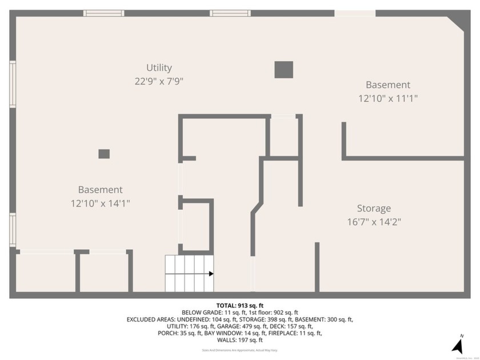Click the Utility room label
[159, 68]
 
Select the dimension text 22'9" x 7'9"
[159, 82]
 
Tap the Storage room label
[374, 209]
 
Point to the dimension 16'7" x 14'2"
[374, 222]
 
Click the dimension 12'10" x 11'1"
[388, 98]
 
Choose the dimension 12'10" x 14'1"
[101, 203]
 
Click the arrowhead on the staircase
[211, 274]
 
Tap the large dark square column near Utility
[283, 70]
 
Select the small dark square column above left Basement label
[104, 154]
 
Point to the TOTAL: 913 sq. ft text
[239, 306]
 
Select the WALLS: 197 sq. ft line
[240, 340]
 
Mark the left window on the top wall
[103, 13]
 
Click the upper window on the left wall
[13, 85]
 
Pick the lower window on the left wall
[13, 230]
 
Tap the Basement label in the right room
[388, 85]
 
